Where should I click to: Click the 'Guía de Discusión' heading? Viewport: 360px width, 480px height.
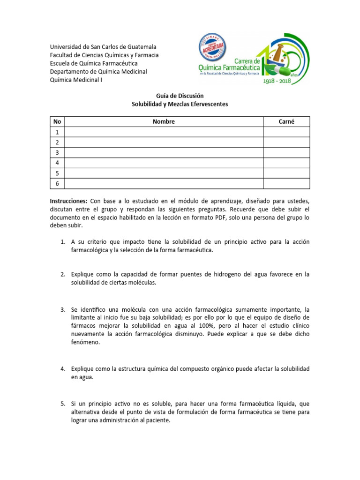pos(180,96)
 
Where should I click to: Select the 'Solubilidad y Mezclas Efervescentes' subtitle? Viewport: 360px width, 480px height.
pos(180,104)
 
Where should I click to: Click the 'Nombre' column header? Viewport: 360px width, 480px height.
pos(164,121)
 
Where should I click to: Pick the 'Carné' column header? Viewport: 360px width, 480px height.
pos(286,121)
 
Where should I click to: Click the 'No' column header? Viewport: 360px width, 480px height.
pos(57,121)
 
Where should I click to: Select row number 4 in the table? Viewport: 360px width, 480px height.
pos(57,163)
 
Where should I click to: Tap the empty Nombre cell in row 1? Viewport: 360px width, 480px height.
pos(164,132)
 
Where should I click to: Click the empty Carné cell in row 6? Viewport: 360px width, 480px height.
pos(286,183)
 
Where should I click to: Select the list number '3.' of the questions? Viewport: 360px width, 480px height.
pos(62,310)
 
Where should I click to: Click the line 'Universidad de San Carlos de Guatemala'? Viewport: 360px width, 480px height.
pos(103,47)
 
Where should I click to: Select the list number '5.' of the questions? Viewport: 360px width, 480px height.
pos(62,404)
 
